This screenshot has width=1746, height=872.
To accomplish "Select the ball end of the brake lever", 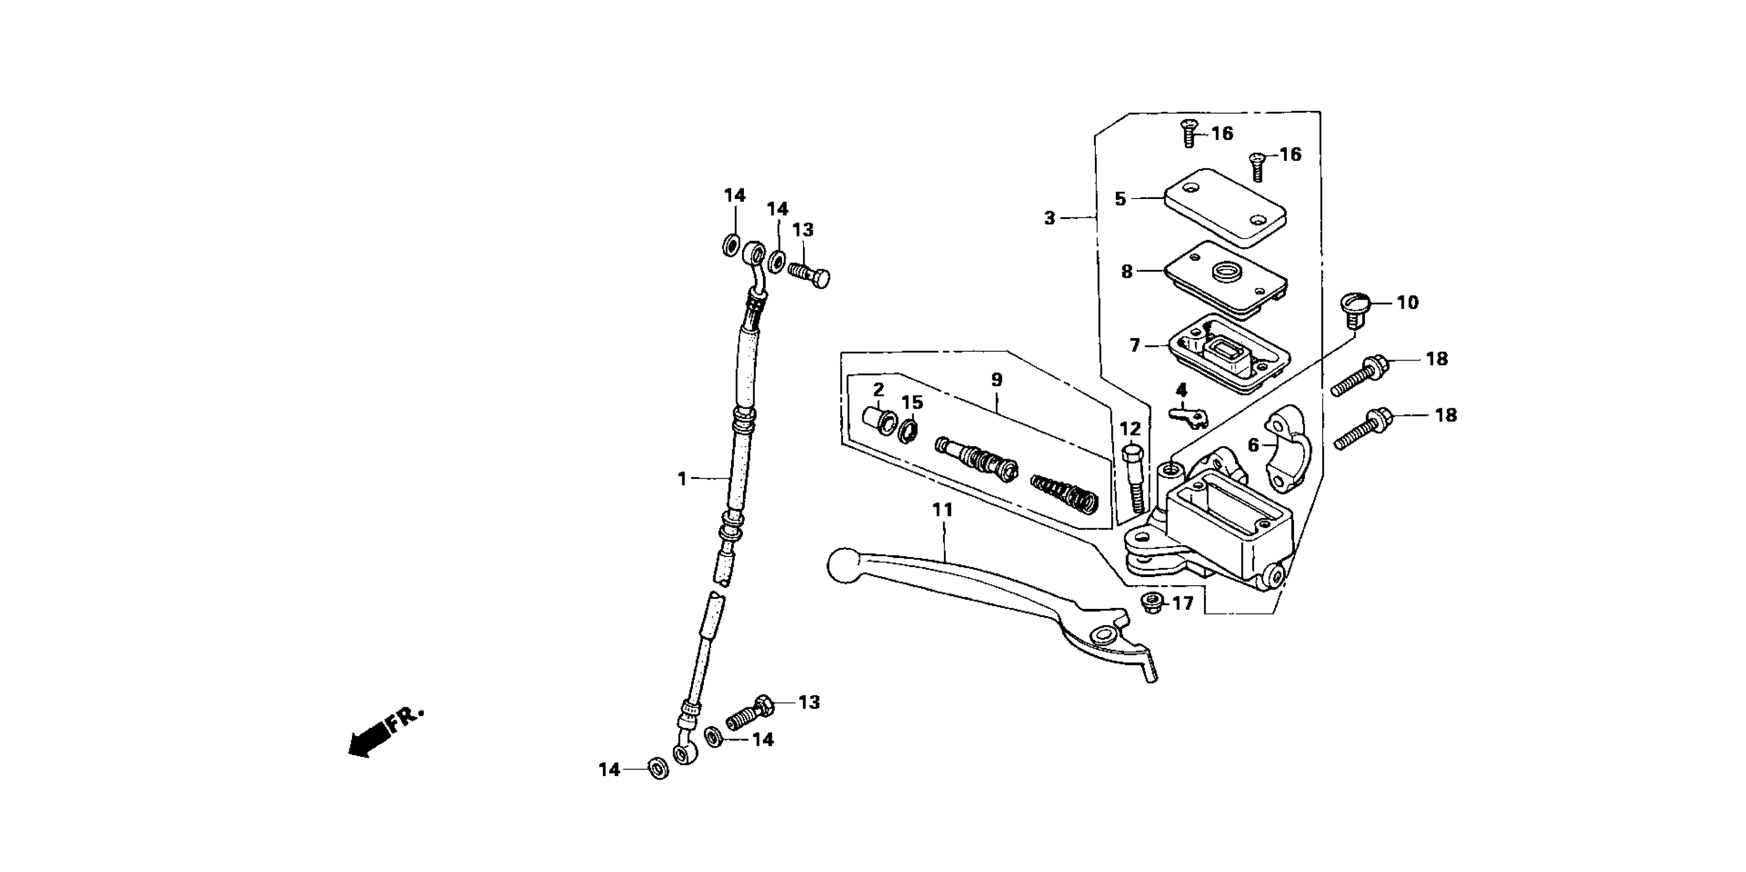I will point(843,565).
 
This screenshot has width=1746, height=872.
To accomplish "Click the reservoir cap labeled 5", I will point(1225,208).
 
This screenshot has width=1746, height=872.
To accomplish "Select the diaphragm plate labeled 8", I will point(1225,279).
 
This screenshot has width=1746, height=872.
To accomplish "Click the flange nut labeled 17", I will point(1151,602).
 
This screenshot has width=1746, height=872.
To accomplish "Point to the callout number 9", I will point(996,380).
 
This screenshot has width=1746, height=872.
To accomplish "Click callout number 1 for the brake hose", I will point(682,479).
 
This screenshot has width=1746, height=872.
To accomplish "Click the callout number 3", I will point(1049,218).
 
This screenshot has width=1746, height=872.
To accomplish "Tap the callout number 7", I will point(1134,346).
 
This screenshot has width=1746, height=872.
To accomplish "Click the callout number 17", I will point(1182,603).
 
